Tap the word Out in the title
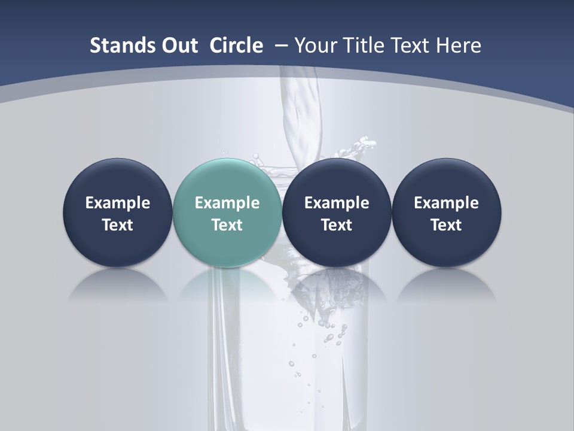(179, 45)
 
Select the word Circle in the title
(236, 45)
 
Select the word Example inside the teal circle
(227, 203)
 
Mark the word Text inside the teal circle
(227, 225)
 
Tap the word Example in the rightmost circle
(447, 203)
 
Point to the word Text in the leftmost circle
(118, 225)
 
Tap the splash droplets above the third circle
(359, 147)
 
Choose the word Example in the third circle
(337, 203)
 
